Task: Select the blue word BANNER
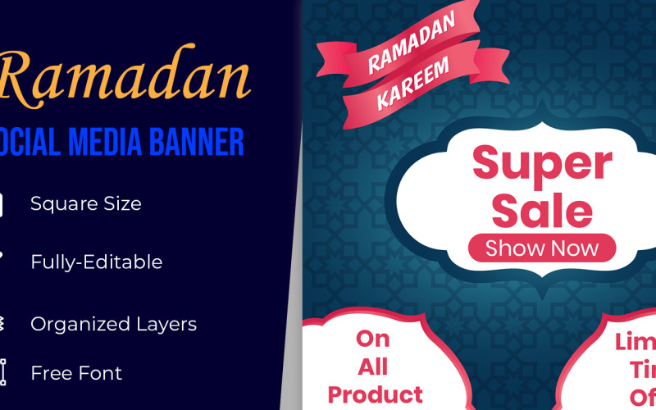[200, 142]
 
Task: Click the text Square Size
[85, 203]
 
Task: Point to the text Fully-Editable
[96, 262]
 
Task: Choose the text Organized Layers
[113, 324]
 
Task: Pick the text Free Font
[76, 373]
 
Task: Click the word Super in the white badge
[542, 164]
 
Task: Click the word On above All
[372, 339]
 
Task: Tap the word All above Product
[372, 366]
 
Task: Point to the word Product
[375, 394]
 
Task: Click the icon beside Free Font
[2, 372]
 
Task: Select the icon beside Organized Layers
[2, 324]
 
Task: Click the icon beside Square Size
[2, 203]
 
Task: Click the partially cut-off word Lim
[635, 342]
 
